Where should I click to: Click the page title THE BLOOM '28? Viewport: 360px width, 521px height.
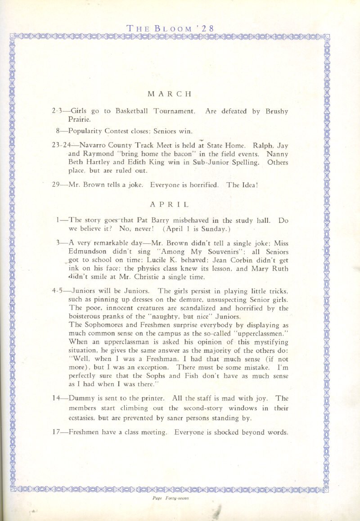[x=170, y=28]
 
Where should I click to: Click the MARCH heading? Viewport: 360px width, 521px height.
[x=170, y=94]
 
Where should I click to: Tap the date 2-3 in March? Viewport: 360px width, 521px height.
[x=57, y=111]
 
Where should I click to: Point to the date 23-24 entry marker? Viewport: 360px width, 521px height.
[x=61, y=146]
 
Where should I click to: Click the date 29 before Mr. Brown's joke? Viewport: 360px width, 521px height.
[x=56, y=184]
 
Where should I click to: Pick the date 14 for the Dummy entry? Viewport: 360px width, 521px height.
[x=57, y=399]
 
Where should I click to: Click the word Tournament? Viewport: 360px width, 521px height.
[x=174, y=111]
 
